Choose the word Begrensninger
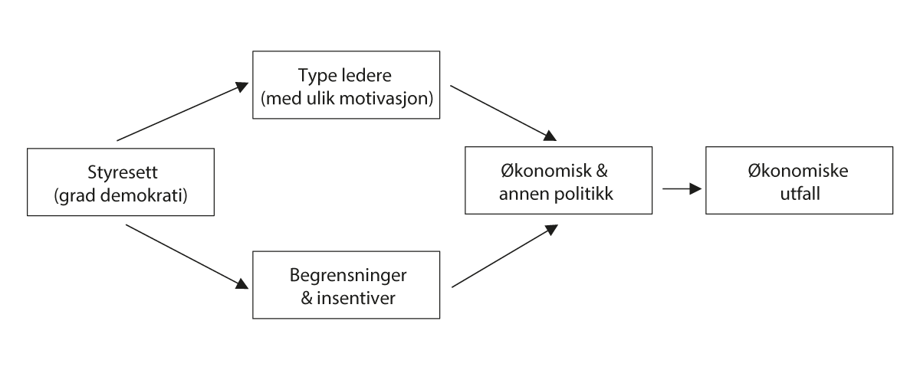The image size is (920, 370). coord(348,276)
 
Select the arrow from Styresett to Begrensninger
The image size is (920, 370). coord(187,255)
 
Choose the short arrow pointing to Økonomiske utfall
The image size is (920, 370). coord(681,188)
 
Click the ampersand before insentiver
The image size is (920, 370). coord(309,297)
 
